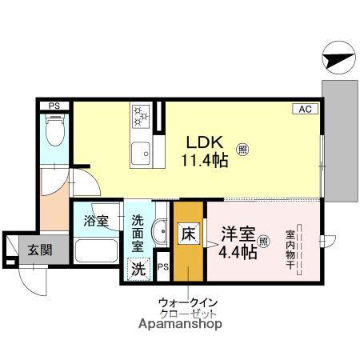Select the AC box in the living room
(x=306, y=110)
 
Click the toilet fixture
(x=54, y=131)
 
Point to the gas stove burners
(x=141, y=117)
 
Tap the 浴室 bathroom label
(x=96, y=221)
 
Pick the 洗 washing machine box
(x=138, y=268)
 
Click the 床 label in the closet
(x=186, y=235)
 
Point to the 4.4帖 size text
(x=238, y=253)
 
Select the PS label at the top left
(x=54, y=106)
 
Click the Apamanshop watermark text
(x=181, y=325)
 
